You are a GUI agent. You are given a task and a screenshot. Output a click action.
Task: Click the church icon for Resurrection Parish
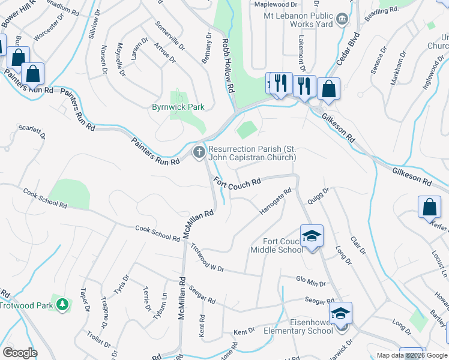[x=199, y=152]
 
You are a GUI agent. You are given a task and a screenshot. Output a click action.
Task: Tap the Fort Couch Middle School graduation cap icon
[x=312, y=236]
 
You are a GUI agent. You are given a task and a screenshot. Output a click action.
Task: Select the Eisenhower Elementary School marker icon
[x=340, y=313]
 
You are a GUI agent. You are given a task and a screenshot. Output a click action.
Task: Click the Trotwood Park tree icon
[x=61, y=304]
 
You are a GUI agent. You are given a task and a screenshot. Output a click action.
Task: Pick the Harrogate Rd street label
[x=275, y=202]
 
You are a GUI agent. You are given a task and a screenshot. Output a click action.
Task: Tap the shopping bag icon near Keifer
[x=430, y=208]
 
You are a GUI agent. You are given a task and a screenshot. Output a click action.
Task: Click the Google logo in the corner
[x=19, y=353]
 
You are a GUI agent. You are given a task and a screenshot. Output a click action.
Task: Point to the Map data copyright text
[x=411, y=355]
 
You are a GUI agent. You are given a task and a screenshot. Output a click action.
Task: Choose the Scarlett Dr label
[x=32, y=130]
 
